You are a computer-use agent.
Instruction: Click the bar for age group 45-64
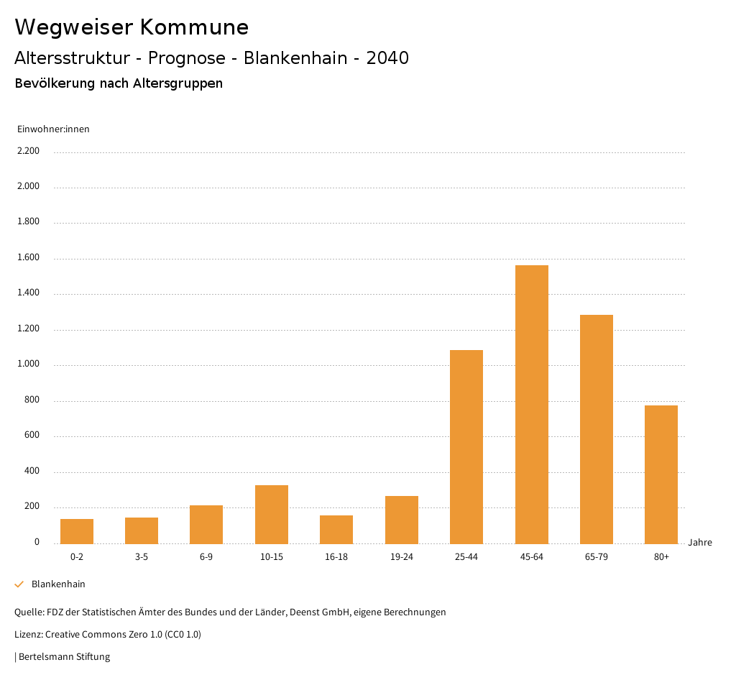531,404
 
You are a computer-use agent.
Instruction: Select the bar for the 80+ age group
661,474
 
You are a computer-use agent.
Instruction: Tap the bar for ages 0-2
77,531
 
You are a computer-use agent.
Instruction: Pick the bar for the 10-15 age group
272,514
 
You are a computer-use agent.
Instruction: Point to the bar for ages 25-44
466,446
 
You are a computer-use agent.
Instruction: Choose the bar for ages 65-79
597,429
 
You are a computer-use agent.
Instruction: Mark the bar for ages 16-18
336,529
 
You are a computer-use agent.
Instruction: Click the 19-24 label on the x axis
401,557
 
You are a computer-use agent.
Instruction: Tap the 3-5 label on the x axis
142,557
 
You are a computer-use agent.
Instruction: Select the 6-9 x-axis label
206,557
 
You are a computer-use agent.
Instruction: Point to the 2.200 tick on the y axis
28,151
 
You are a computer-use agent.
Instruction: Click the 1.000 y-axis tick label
28,364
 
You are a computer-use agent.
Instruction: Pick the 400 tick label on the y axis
32,472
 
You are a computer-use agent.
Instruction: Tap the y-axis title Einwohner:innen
53,129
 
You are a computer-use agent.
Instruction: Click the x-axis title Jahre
699,543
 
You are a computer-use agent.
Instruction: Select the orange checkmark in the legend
19,584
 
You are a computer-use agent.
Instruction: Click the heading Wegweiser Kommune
132,27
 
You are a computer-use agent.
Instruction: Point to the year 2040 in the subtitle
387,58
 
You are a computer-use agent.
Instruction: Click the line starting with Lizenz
108,635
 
